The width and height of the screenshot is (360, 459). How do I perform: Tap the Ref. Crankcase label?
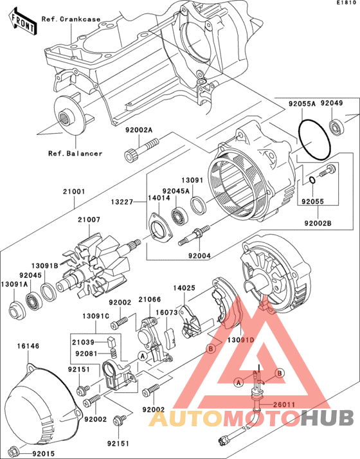(71, 19)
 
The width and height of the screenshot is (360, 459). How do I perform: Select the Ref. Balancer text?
(75, 154)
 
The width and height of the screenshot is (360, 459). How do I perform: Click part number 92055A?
(302, 104)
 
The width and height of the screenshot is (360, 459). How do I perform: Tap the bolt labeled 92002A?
(142, 148)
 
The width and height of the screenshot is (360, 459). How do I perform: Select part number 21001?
(74, 192)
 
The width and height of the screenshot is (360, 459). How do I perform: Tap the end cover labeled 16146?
(42, 406)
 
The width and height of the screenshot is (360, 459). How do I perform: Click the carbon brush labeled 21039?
(111, 341)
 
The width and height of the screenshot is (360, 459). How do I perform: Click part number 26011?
(284, 405)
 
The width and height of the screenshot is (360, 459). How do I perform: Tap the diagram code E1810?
(347, 3)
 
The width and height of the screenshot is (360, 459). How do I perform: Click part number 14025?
(184, 288)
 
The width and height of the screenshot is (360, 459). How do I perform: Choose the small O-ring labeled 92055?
(312, 180)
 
